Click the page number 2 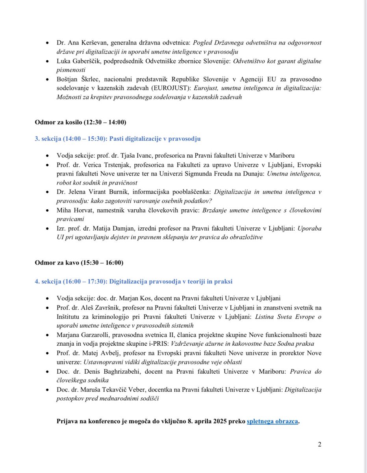click(x=320, y=445)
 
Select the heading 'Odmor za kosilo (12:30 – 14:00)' click(x=80, y=122)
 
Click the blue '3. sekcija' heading click(x=118, y=139)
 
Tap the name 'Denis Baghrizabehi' click(x=106, y=372)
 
